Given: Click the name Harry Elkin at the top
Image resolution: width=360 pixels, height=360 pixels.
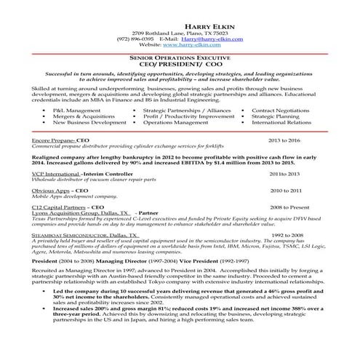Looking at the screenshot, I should click(x=179, y=27).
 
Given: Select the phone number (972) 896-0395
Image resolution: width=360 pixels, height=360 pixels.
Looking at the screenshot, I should click(x=135, y=39).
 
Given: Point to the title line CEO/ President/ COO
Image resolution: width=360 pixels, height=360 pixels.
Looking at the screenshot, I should click(x=179, y=63).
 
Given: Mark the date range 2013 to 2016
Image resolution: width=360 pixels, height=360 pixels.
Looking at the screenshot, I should click(x=284, y=139).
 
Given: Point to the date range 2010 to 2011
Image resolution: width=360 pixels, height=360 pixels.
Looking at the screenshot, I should click(x=286, y=191).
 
